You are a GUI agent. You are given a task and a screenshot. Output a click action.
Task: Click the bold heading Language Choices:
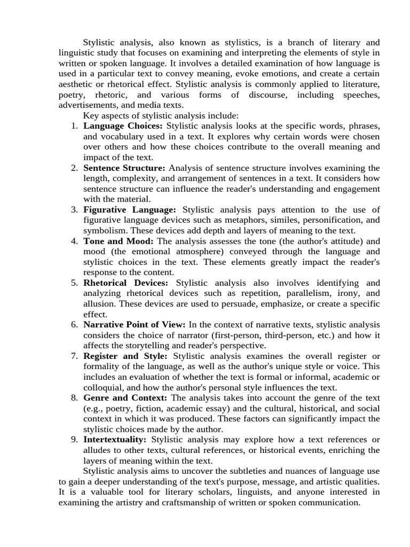pyautogui.click(x=123, y=126)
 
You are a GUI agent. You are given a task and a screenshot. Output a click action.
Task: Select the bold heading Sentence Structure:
pyautogui.click(x=124, y=168)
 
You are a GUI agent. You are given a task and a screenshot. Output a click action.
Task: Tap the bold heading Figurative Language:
pyautogui.click(x=130, y=209)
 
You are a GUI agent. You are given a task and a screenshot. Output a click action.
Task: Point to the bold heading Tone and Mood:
pyautogui.click(x=118, y=241)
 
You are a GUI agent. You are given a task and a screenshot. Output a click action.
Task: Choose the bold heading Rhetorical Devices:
pyautogui.click(x=125, y=283)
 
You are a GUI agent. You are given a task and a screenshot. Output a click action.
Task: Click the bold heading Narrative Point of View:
pyautogui.click(x=135, y=324)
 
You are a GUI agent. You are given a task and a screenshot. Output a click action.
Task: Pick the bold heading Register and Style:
pyautogui.click(x=125, y=356)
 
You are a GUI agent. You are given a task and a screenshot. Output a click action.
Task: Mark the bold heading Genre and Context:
pyautogui.click(x=125, y=397)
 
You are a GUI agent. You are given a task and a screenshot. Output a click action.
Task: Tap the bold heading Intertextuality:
pyautogui.click(x=115, y=439)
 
